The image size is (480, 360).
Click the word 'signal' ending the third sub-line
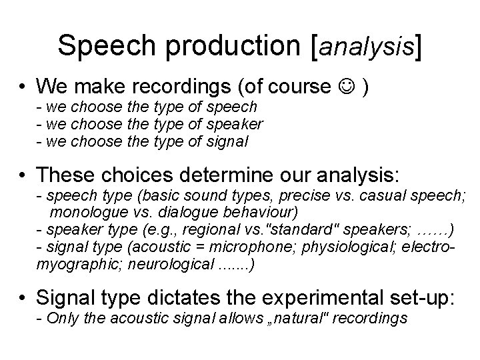pyautogui.click(x=227, y=141)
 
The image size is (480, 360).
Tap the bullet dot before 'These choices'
pyautogui.click(x=23, y=175)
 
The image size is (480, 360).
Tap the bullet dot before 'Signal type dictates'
pyautogui.click(x=23, y=298)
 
